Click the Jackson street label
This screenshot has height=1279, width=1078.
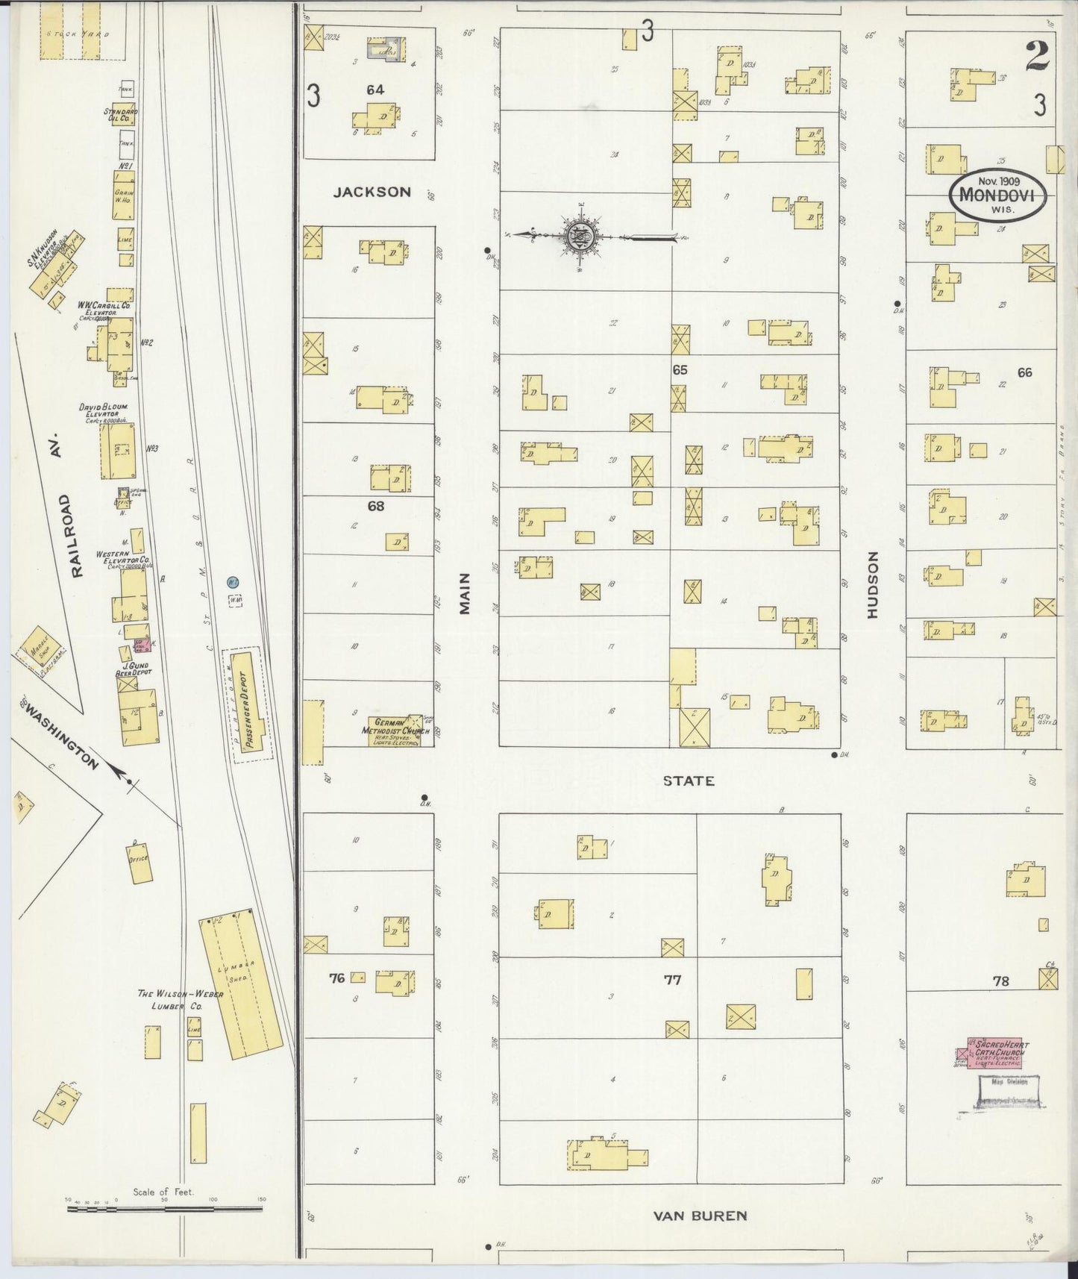pos(372,192)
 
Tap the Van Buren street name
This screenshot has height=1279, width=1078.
pos(699,1215)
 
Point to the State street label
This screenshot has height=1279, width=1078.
pos(689,781)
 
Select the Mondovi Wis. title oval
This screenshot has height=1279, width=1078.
pos(997,196)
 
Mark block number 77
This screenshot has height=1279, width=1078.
pos(672,980)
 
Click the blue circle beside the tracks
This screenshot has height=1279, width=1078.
pos(233,581)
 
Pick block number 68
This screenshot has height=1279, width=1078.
pos(375,506)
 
